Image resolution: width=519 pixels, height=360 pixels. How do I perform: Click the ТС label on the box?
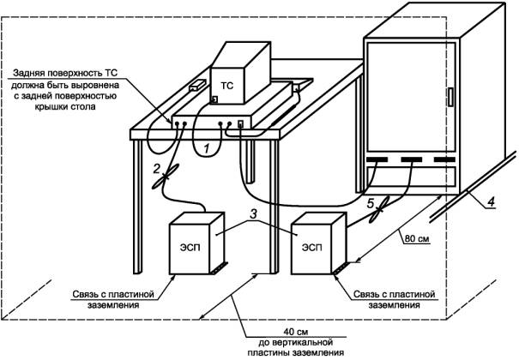[227, 86]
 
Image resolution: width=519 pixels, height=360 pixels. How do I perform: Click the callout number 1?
[207, 149]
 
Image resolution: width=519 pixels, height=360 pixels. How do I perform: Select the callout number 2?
[157, 169]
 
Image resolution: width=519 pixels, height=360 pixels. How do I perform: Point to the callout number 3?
[253, 214]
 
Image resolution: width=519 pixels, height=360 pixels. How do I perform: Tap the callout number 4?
[492, 201]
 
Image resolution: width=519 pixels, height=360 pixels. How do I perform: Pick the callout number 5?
[371, 203]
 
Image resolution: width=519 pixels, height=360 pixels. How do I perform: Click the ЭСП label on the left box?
[190, 247]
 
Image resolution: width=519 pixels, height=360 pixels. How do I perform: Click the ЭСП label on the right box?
[311, 247]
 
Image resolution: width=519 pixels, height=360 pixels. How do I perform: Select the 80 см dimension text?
[417, 238]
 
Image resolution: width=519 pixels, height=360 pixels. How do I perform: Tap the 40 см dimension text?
[296, 332]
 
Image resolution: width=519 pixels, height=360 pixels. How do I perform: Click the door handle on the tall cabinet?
[450, 97]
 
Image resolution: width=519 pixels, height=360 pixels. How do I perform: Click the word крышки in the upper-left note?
[51, 107]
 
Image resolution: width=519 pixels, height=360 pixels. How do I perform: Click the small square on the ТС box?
[214, 99]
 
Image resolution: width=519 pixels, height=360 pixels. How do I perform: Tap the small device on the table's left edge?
[197, 85]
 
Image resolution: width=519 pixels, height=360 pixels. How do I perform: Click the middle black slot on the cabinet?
[412, 159]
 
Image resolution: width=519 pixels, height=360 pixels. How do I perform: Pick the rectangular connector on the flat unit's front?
[241, 123]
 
